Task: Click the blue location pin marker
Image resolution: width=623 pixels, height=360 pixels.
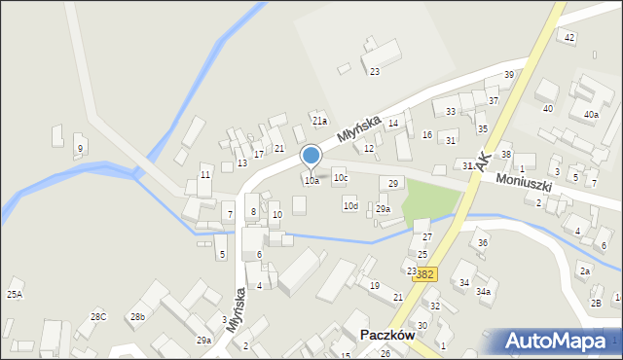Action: click(311, 157)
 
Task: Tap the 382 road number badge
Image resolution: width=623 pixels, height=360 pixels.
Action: click(424, 275)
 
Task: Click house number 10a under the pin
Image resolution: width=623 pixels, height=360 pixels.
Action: click(311, 181)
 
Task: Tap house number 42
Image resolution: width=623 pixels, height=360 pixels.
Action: click(569, 37)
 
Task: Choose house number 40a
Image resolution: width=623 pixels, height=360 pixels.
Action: click(591, 115)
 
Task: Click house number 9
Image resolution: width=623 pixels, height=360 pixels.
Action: click(80, 148)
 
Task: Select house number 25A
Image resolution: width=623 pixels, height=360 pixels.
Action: click(15, 294)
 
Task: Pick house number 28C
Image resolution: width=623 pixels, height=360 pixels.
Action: click(98, 316)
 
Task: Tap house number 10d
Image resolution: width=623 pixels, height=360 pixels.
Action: click(350, 206)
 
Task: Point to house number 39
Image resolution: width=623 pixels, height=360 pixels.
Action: click(508, 75)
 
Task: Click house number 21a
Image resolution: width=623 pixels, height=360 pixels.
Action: click(319, 121)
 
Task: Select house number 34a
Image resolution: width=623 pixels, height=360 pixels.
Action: click(483, 291)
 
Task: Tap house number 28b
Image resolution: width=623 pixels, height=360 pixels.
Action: click(138, 317)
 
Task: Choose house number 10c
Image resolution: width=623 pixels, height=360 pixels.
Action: click(340, 178)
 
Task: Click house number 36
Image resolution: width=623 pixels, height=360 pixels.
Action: click(482, 242)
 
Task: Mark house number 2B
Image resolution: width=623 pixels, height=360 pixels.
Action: click(596, 302)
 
